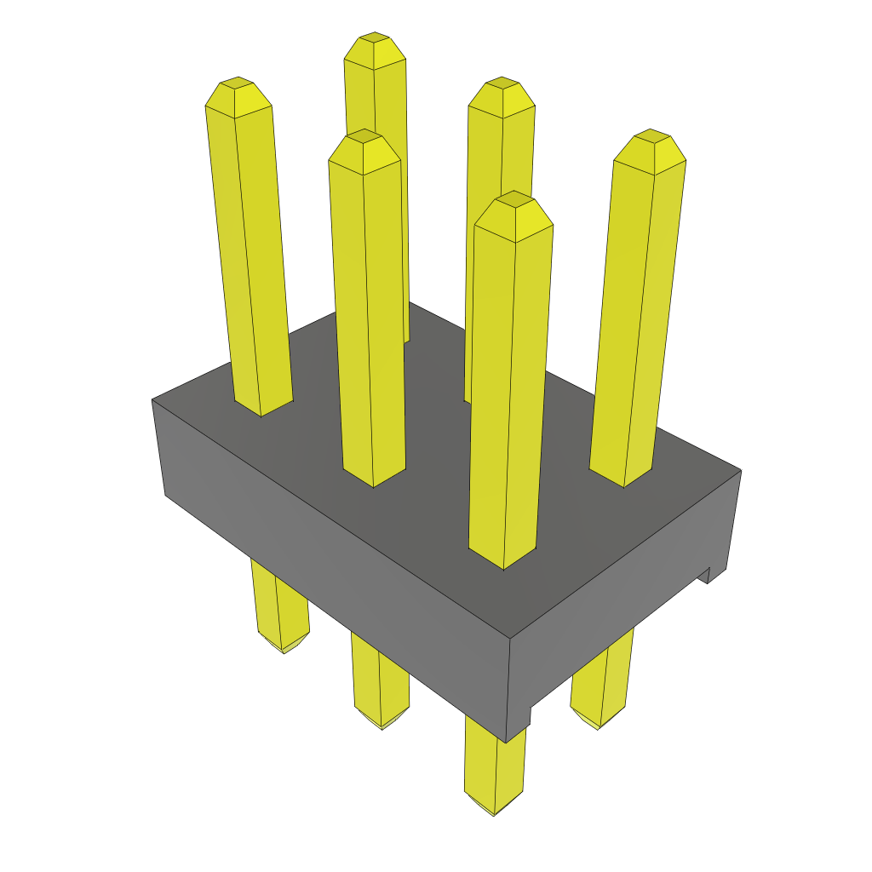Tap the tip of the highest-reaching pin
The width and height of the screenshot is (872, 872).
(x=375, y=45)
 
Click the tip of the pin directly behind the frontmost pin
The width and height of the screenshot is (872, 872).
(x=502, y=89)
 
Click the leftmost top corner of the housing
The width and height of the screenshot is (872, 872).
(x=152, y=399)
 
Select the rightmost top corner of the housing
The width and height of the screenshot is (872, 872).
(x=740, y=470)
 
